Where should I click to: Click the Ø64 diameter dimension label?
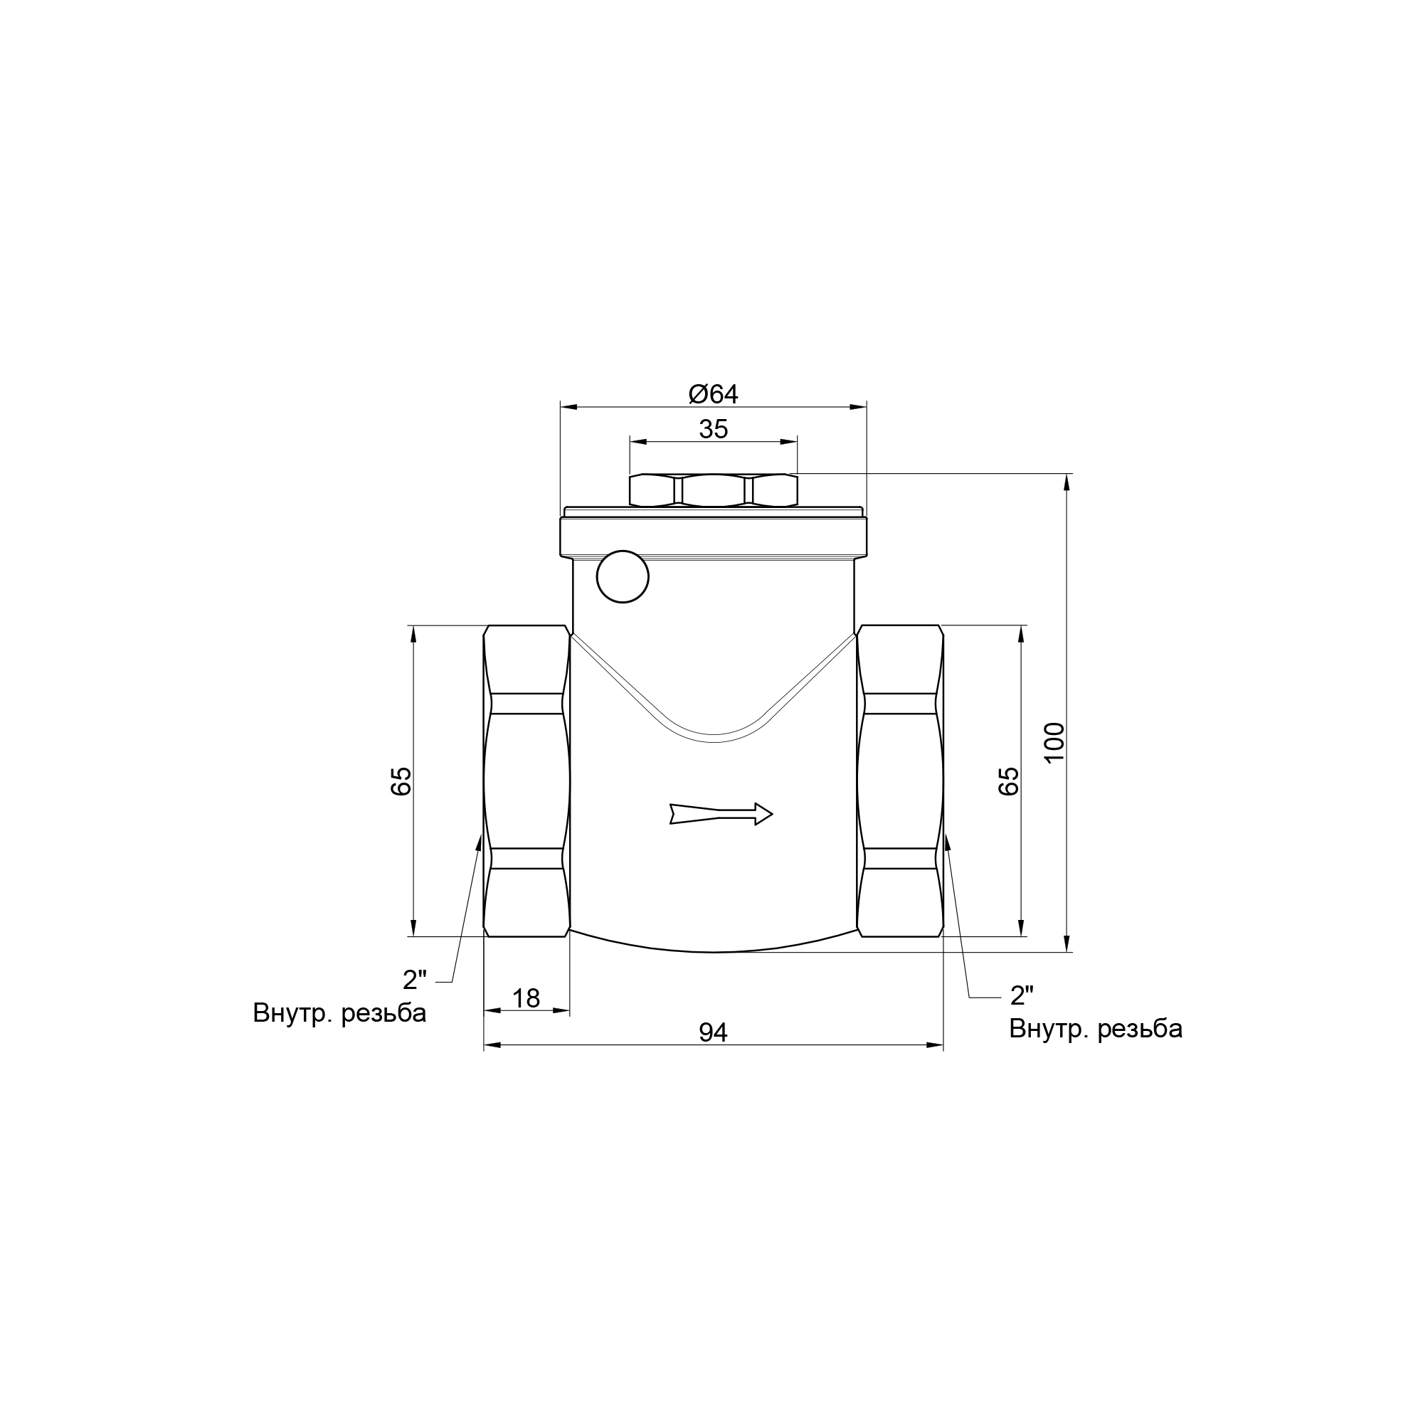(x=713, y=394)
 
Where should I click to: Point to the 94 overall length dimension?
(x=713, y=1032)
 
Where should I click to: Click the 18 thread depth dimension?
(x=526, y=998)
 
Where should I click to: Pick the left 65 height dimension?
(x=401, y=781)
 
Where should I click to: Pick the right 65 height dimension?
(x=1008, y=781)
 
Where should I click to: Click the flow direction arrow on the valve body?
(x=721, y=814)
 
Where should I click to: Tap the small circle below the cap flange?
(x=623, y=577)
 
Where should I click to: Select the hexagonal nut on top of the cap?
(x=713, y=490)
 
